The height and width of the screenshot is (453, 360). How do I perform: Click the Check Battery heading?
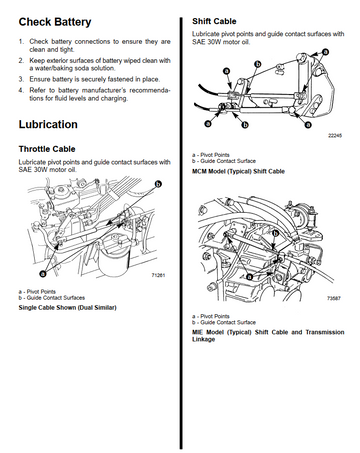[x=55, y=22]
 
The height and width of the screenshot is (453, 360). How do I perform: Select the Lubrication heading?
[x=48, y=124]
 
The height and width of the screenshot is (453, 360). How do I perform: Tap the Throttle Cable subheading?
[x=47, y=149]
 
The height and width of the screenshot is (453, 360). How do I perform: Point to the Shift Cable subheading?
[x=214, y=21]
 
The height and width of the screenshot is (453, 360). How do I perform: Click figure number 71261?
[x=158, y=275]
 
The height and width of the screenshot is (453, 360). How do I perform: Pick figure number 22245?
[x=335, y=135]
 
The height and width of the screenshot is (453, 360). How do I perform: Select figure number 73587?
[x=334, y=298]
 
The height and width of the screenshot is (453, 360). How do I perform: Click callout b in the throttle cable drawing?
[x=159, y=184]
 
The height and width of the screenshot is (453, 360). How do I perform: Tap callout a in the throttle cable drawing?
[x=42, y=274]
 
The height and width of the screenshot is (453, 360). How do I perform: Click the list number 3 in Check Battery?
[x=21, y=79]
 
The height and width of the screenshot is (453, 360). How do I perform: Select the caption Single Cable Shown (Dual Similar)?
[x=68, y=307]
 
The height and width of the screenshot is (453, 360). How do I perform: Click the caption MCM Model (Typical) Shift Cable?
[x=238, y=171]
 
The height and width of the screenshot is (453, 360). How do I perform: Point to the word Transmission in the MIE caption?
[x=325, y=332]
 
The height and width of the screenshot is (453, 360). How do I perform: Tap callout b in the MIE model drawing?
[x=275, y=234]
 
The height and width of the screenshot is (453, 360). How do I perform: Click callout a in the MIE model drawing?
[x=249, y=276]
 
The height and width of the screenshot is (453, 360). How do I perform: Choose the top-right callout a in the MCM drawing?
[x=325, y=52]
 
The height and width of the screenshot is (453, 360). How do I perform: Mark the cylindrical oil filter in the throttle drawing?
[x=114, y=255]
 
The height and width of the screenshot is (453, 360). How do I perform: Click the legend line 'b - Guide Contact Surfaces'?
[x=52, y=298]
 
